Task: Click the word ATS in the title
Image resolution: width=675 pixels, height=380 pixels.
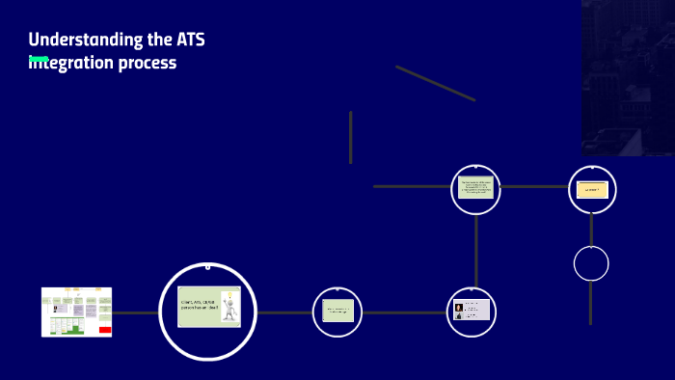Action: (190, 40)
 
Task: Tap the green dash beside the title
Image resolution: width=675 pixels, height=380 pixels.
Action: (39, 59)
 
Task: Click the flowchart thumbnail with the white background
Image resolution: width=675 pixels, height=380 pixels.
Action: (76, 312)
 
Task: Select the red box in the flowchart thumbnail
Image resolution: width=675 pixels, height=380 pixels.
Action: (105, 330)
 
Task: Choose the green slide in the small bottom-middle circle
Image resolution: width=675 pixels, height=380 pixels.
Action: (337, 312)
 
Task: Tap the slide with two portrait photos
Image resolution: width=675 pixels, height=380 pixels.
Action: (472, 311)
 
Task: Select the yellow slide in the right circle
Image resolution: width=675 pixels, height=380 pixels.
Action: (592, 189)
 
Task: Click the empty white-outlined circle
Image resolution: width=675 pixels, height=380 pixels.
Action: (591, 263)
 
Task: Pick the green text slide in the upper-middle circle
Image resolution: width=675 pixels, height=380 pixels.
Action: (475, 188)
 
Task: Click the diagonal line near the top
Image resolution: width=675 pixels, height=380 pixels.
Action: (435, 83)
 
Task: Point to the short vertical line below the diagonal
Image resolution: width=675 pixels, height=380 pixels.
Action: (350, 137)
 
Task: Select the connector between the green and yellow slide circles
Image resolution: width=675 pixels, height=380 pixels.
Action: (533, 187)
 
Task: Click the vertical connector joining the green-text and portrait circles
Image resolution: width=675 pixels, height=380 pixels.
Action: (475, 250)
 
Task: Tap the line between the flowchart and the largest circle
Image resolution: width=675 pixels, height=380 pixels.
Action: (135, 312)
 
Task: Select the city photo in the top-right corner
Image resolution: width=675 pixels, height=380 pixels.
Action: (628, 77)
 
